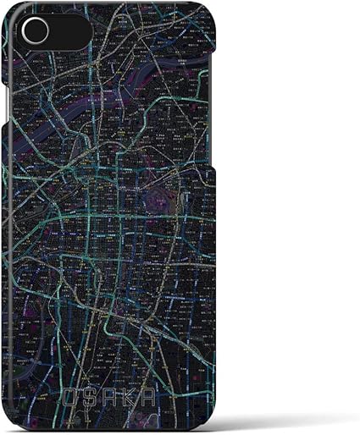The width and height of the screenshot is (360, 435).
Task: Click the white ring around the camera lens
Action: pyautogui.click(x=25, y=31)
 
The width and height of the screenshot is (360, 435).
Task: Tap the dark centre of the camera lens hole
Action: pyautogui.click(x=35, y=31)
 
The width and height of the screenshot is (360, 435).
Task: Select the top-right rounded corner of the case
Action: pyautogui.click(x=207, y=17)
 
